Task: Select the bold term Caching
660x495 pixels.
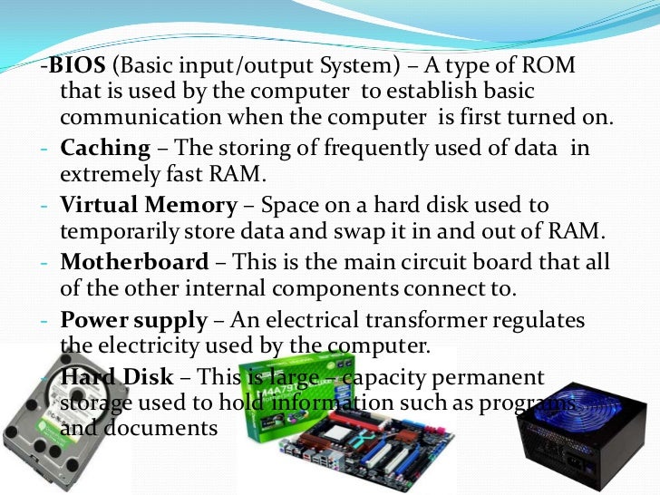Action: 105,148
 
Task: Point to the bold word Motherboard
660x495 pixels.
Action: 134,263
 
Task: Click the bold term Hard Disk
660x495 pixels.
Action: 109,378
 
